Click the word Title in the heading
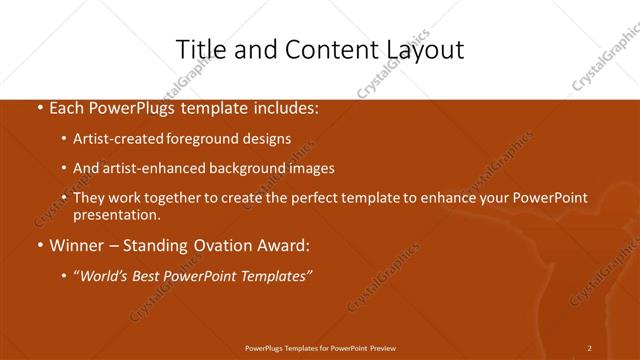(200, 49)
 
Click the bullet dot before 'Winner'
(39, 246)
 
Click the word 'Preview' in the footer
(379, 347)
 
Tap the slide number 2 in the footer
(589, 347)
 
